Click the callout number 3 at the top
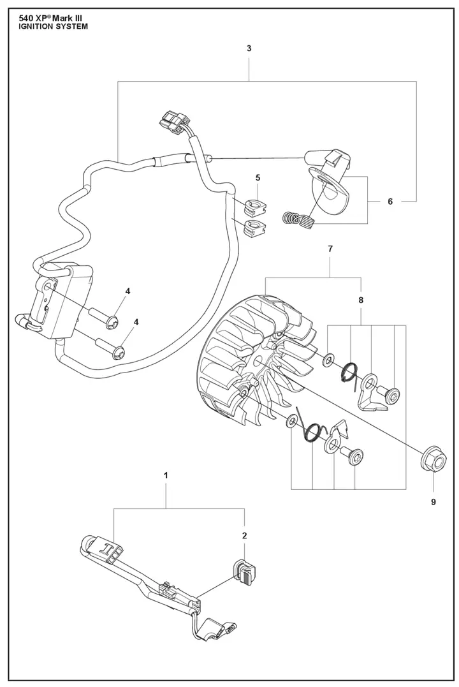pos(249,48)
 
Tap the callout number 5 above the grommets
pos(258,177)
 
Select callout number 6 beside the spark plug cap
pos(390,202)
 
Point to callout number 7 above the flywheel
pos(330,249)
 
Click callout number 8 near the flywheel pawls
pos(361,300)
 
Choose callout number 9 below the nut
pos(433,502)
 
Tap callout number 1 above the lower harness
pos(166,475)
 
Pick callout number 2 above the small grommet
pos(244,535)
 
